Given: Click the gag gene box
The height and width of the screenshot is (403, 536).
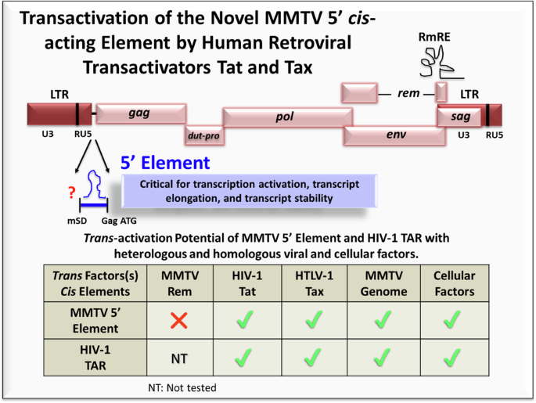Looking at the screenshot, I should pyautogui.click(x=140, y=113).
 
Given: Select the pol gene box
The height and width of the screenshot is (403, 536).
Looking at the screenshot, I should pyautogui.click(x=286, y=117).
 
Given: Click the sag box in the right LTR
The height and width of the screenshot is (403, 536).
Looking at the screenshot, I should pyautogui.click(x=460, y=114).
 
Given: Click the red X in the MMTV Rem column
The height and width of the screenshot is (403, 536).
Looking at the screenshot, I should pyautogui.click(x=180, y=320).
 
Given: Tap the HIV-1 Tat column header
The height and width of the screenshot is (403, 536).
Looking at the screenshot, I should pyautogui.click(x=249, y=284).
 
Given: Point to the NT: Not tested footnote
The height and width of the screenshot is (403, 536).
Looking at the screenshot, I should pyautogui.click(x=182, y=387).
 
